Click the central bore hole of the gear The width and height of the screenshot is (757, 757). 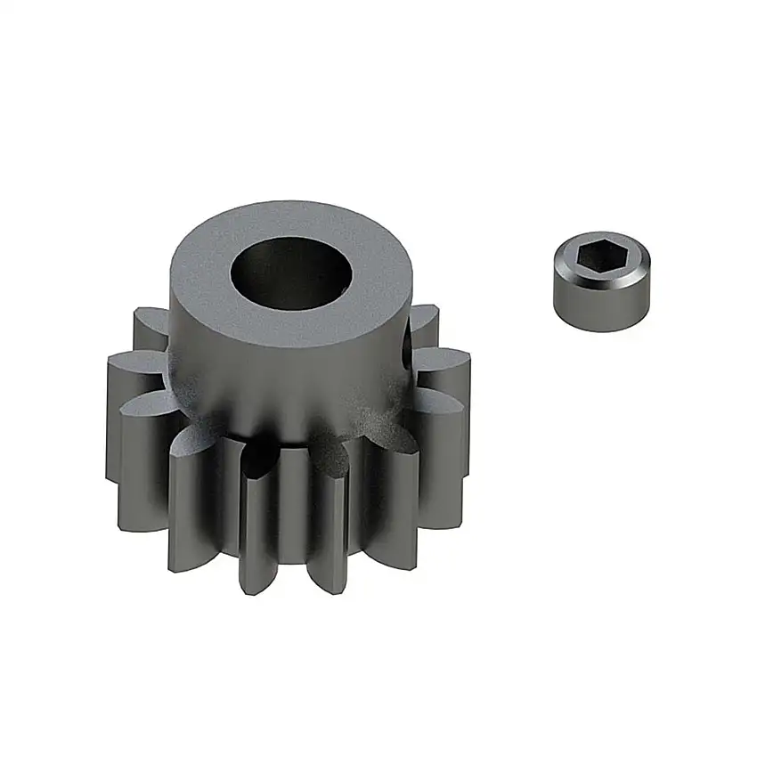(287, 273)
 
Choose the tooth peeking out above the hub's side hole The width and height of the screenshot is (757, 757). (425, 316)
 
